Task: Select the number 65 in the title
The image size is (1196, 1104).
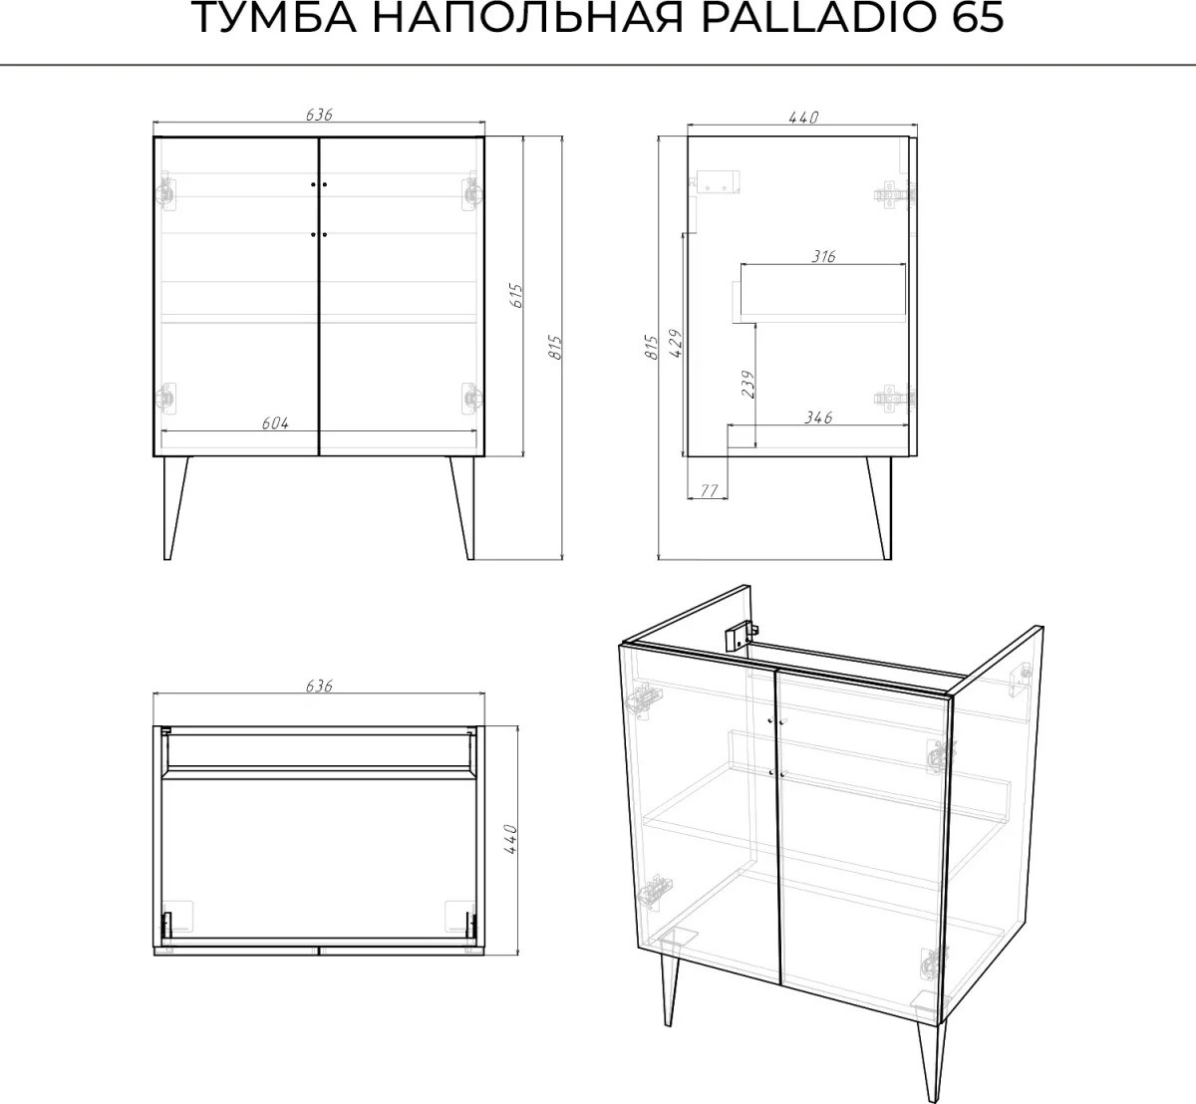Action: tap(978, 18)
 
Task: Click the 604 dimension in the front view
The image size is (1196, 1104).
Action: tap(275, 423)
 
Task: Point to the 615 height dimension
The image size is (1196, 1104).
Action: tap(516, 296)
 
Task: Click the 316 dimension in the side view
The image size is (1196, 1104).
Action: tap(823, 257)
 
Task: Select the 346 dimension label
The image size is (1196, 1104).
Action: tap(818, 416)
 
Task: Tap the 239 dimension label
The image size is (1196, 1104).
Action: tap(747, 385)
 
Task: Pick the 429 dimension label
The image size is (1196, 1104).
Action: tap(677, 344)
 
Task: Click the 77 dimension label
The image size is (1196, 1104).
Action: tap(709, 490)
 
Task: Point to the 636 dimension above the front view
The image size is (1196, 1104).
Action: tap(319, 115)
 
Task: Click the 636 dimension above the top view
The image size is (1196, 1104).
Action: tap(319, 686)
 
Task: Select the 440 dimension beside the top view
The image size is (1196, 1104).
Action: tap(510, 839)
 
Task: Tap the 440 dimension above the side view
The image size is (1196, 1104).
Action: tap(804, 118)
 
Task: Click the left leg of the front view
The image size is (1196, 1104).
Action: tap(174, 508)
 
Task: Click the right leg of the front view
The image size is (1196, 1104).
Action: tap(462, 508)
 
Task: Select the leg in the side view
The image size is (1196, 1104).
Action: tap(879, 508)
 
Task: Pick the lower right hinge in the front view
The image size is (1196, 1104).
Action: tap(472, 399)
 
